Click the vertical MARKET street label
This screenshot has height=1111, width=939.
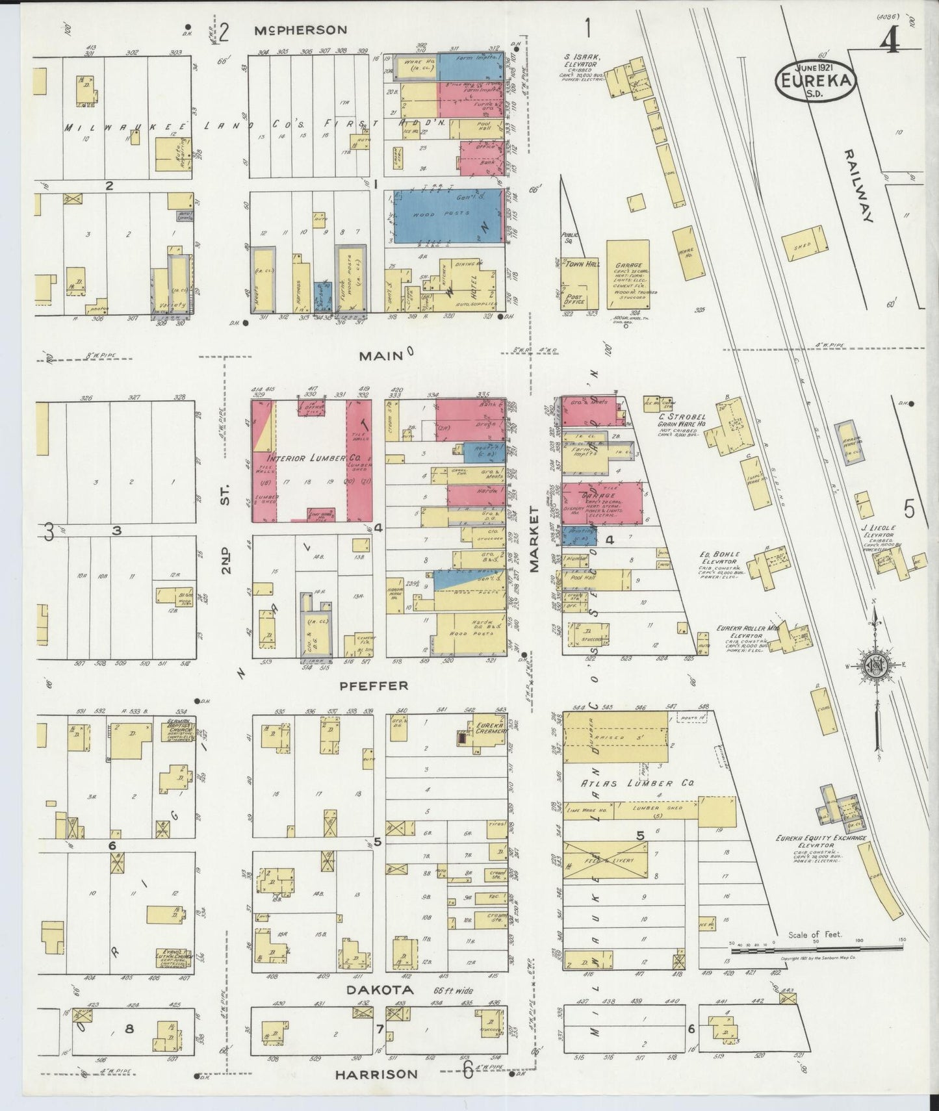tap(535, 539)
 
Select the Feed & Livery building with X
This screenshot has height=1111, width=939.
tap(606, 861)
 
